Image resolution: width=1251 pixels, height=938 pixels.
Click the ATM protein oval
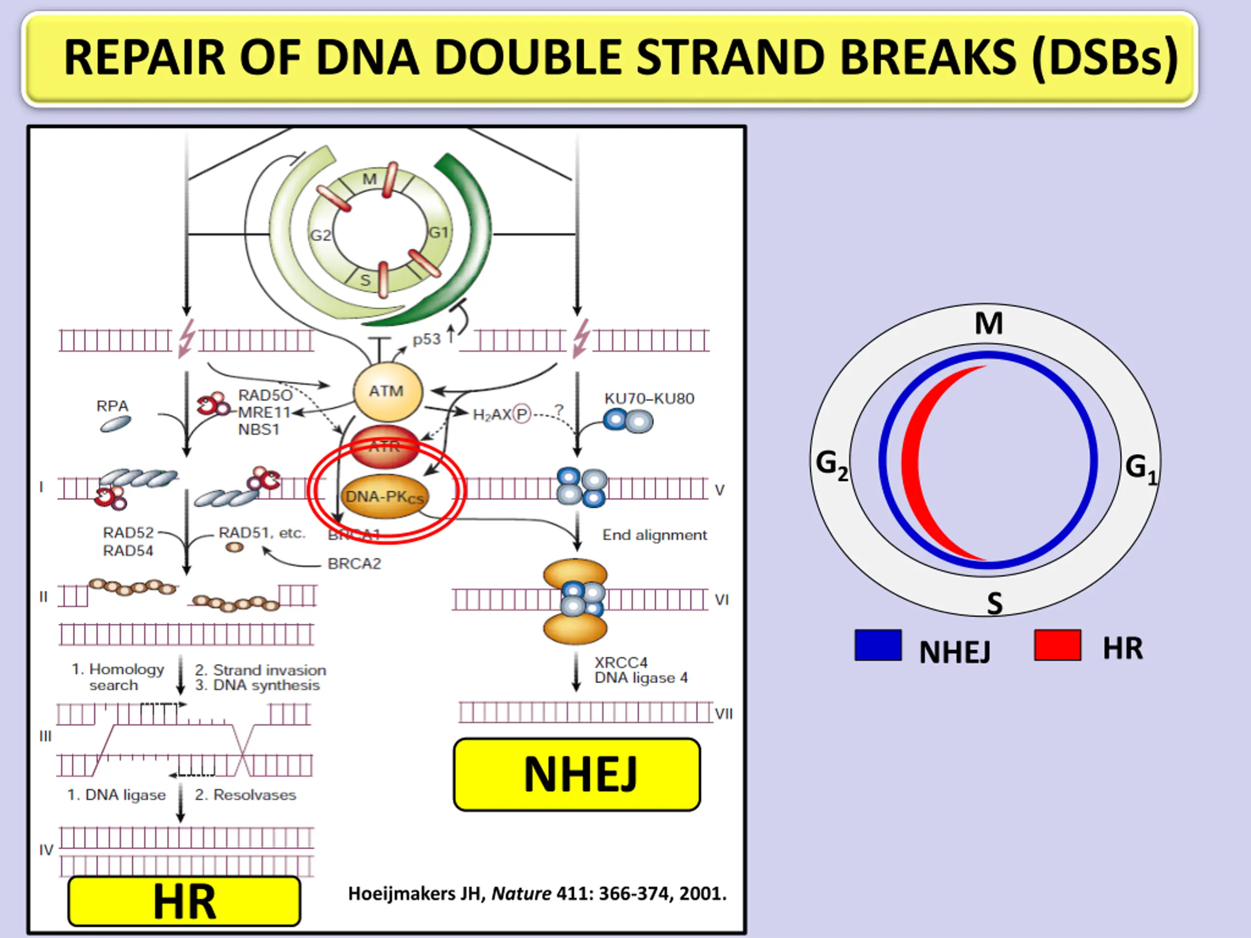388,391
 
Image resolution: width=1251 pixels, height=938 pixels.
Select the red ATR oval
385,447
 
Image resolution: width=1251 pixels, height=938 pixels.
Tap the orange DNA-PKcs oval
385,497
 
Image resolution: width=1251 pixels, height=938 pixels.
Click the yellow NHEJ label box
577,774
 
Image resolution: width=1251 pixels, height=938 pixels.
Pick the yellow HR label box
184,901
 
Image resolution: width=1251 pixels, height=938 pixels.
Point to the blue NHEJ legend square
878,645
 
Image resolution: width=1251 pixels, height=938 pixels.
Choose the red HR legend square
1057,645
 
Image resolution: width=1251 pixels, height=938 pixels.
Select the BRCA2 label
355,564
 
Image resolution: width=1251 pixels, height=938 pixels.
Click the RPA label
112,406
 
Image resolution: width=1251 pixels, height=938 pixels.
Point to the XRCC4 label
621,662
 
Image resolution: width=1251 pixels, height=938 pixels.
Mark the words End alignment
654,535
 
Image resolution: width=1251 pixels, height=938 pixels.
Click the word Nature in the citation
521,894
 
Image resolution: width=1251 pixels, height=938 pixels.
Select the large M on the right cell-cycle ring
989,323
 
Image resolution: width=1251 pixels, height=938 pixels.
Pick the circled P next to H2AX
521,415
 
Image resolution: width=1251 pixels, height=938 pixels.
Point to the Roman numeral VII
723,714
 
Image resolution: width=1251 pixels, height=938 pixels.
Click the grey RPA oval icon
115,424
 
